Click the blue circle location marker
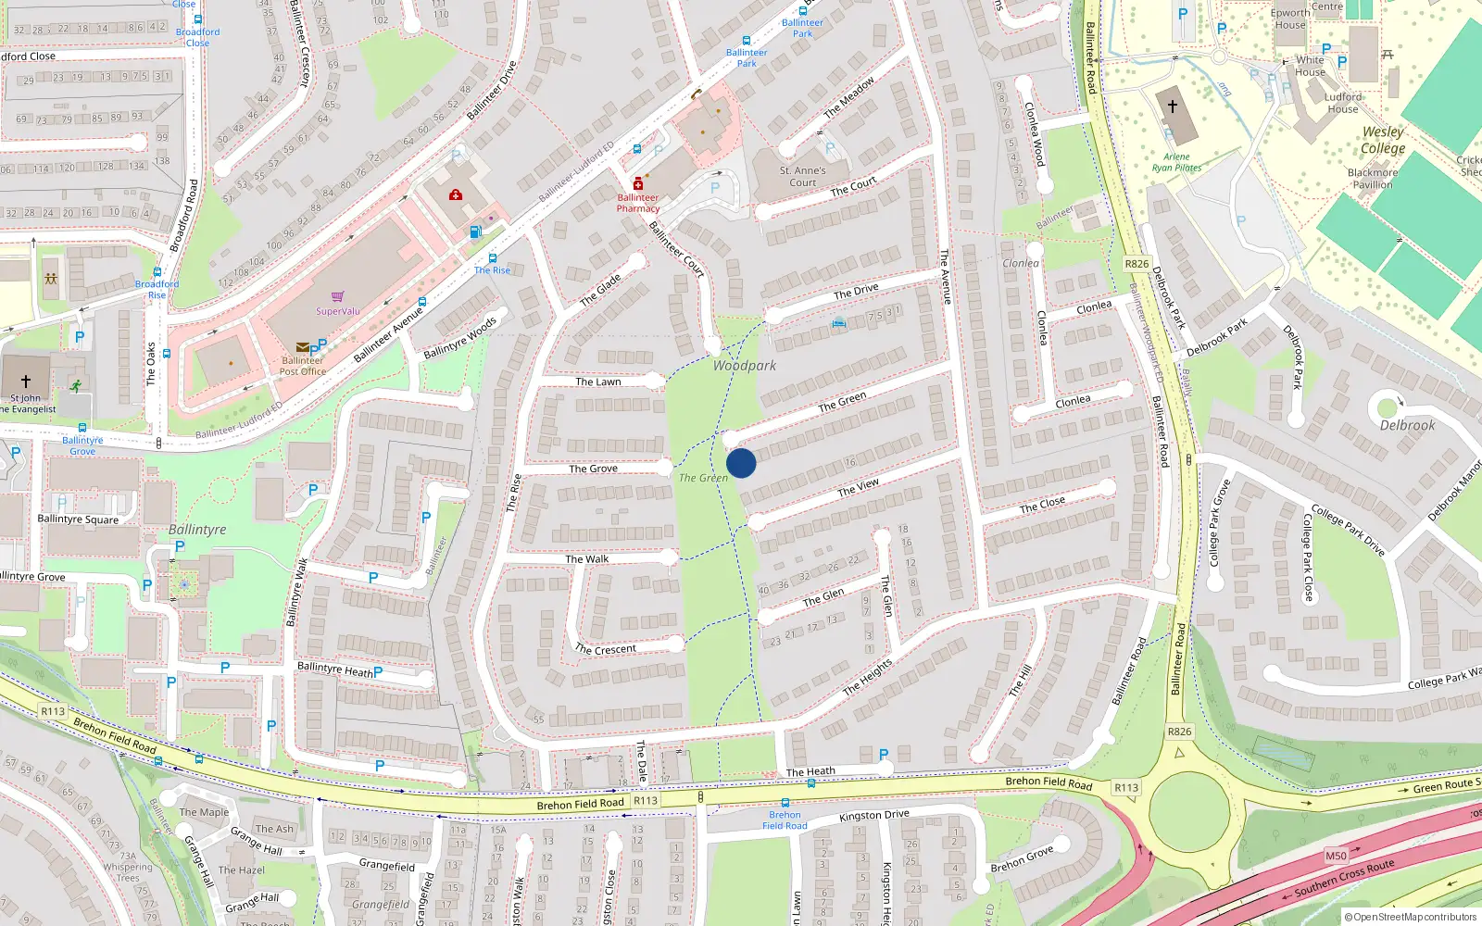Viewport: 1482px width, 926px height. point(741,463)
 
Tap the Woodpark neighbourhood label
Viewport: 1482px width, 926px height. point(745,366)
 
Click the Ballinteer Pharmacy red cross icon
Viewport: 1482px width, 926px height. point(637,184)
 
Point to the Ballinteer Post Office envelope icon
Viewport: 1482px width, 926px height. point(302,348)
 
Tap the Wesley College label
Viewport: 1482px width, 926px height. point(1383,140)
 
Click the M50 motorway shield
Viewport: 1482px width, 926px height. point(1336,856)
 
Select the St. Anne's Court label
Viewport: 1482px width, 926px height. point(802,176)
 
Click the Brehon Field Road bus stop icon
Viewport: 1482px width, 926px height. point(785,803)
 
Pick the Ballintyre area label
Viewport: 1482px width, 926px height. point(197,530)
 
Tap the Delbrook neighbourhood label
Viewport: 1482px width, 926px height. point(1407,426)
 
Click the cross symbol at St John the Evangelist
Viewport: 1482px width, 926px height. point(26,382)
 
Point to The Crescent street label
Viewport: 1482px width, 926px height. point(606,649)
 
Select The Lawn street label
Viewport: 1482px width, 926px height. point(598,382)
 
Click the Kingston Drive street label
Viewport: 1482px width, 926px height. point(873,816)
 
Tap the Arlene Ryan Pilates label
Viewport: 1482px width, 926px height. point(1176,162)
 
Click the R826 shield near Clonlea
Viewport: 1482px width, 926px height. point(1137,264)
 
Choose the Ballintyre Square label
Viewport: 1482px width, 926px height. point(78,519)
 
